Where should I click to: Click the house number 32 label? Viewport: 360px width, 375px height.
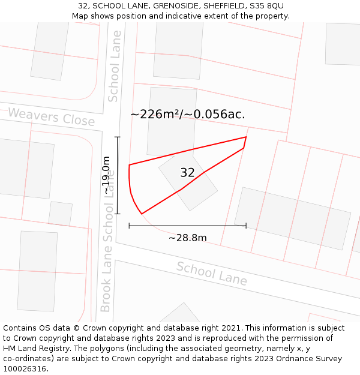point(187,173)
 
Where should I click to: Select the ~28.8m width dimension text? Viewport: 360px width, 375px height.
point(187,238)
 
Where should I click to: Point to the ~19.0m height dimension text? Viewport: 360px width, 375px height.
point(106,175)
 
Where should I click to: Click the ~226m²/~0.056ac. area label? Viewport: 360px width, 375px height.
point(187,114)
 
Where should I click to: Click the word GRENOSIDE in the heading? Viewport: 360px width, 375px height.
point(173,5)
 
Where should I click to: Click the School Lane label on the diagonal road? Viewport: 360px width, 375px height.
point(211,274)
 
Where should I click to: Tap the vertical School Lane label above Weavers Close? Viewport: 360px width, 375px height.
point(114,66)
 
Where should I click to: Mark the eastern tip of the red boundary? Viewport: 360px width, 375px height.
point(246,137)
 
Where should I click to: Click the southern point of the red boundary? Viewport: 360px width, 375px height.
point(142,214)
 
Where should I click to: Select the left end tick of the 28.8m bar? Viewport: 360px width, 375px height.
point(129,226)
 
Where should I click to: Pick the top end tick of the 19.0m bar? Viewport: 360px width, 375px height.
point(118,137)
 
